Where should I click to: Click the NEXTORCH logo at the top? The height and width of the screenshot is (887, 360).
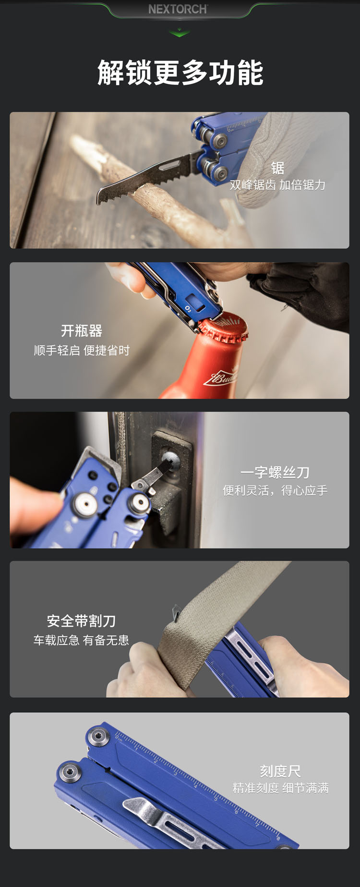click(x=178, y=9)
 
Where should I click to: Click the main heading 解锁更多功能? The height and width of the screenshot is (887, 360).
click(x=180, y=73)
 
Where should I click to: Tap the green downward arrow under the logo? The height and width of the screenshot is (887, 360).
click(x=180, y=33)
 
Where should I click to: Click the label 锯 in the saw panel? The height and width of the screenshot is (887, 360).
click(x=277, y=168)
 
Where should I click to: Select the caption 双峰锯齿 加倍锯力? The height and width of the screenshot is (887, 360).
click(x=277, y=185)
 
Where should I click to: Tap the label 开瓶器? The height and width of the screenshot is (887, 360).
click(x=82, y=331)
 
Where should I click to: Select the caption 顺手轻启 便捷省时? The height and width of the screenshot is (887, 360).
click(x=82, y=351)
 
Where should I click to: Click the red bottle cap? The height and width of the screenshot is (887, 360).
click(x=223, y=328)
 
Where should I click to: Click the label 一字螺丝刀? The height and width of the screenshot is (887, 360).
click(x=275, y=473)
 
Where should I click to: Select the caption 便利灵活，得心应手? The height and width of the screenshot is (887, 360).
click(x=275, y=490)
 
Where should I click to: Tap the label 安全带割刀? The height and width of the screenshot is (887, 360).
click(x=81, y=621)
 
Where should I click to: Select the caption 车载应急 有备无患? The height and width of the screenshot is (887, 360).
click(x=81, y=640)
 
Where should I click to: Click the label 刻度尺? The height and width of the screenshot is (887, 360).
click(x=280, y=771)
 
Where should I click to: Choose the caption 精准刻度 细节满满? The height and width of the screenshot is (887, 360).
click(x=280, y=788)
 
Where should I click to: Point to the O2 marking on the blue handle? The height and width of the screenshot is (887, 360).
click(x=188, y=309)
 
